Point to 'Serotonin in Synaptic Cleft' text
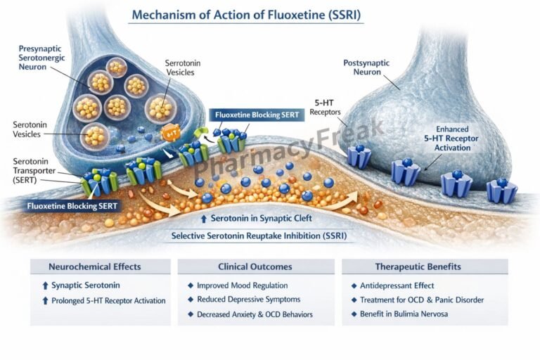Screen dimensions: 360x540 pos(259,218)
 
